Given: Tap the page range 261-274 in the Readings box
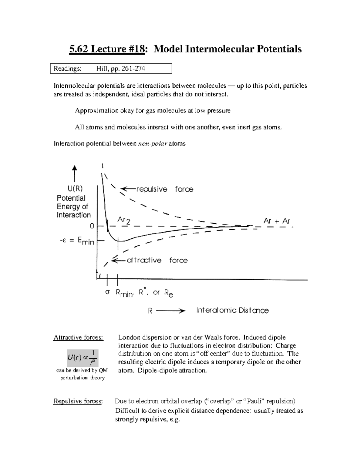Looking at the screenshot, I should pos(133,69).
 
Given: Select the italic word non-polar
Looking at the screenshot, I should pos(153,143).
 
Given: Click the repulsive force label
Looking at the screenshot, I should pos(164,189).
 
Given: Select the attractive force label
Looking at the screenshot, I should pos(157,260).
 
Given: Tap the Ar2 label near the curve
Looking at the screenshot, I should pos(124,220).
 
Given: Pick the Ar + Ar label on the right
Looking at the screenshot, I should pos(277,221).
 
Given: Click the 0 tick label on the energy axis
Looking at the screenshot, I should pos(92,226).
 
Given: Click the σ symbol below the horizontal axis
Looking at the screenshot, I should pos(107,292).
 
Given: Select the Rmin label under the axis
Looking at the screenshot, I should pos(124,293).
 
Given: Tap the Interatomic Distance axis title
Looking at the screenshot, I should pos(232,310).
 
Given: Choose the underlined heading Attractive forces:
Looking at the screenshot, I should pos(78,338).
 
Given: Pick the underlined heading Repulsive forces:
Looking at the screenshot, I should pos(78,401).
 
